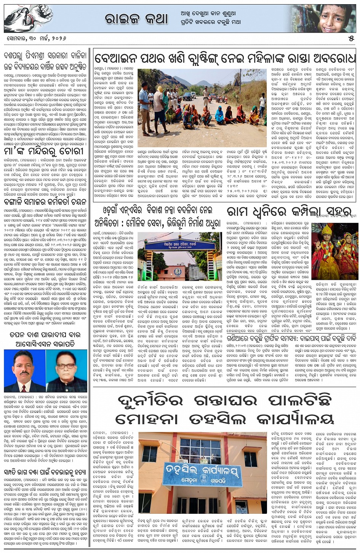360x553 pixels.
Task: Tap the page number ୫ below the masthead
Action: [x=351, y=39]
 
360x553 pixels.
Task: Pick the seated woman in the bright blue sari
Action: [x=220, y=115]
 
